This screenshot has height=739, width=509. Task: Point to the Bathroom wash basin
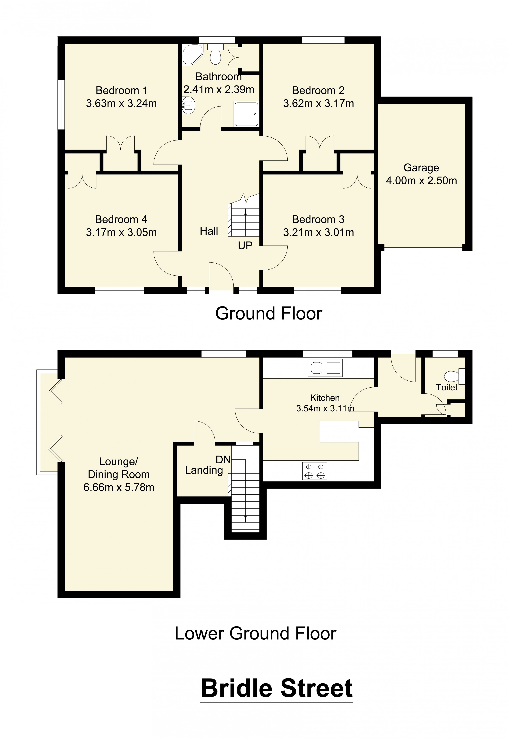(188, 105)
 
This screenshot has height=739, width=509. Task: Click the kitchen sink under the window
(325, 368)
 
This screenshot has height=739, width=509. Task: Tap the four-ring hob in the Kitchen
(315, 471)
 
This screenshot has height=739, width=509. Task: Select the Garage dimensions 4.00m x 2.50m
(421, 181)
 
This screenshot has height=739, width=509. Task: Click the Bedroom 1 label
(121, 91)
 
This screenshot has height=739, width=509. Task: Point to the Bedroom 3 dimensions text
(318, 233)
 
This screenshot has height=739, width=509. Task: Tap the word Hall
(209, 231)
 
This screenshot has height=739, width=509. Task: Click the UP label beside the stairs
(245, 246)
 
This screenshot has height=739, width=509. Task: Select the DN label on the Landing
(223, 460)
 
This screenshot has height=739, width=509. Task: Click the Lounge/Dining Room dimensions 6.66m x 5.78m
(119, 487)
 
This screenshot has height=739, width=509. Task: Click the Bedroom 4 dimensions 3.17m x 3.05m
(121, 233)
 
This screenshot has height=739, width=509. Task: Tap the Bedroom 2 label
(318, 91)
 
